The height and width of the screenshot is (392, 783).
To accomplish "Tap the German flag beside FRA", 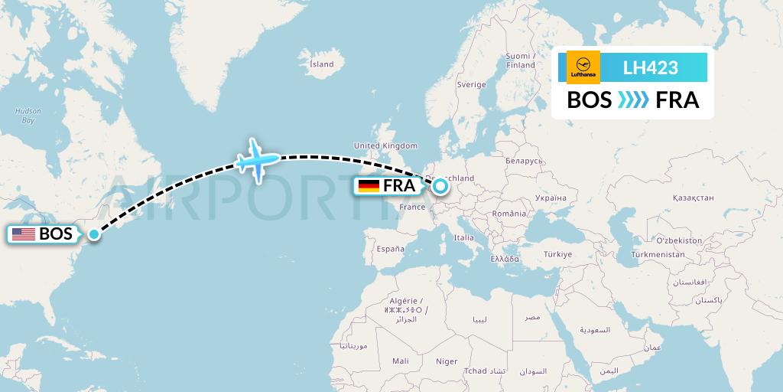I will click(369, 185).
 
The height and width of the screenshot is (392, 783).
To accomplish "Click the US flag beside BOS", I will click(23, 234).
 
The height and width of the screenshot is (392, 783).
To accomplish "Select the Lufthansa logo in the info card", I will click(583, 67).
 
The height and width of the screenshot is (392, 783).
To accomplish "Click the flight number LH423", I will click(651, 67).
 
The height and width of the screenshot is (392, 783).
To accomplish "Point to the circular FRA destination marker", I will click(440, 185).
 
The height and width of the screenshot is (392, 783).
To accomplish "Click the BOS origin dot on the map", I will click(93, 234).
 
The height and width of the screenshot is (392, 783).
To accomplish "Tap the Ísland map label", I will click(321, 64).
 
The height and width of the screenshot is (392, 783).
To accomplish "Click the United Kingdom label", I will click(385, 145).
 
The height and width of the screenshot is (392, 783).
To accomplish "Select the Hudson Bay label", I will click(28, 116).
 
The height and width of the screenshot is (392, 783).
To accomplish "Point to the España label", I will click(389, 249).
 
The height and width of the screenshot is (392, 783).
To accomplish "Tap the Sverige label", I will click(471, 84).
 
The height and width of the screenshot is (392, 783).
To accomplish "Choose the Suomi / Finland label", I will click(520, 60).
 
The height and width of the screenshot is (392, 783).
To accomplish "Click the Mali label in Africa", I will click(400, 361).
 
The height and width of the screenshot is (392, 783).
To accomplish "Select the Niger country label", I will click(446, 361).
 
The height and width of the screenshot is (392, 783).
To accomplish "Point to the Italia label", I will click(464, 238).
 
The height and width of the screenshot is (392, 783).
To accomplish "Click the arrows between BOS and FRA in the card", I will click(632, 100).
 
